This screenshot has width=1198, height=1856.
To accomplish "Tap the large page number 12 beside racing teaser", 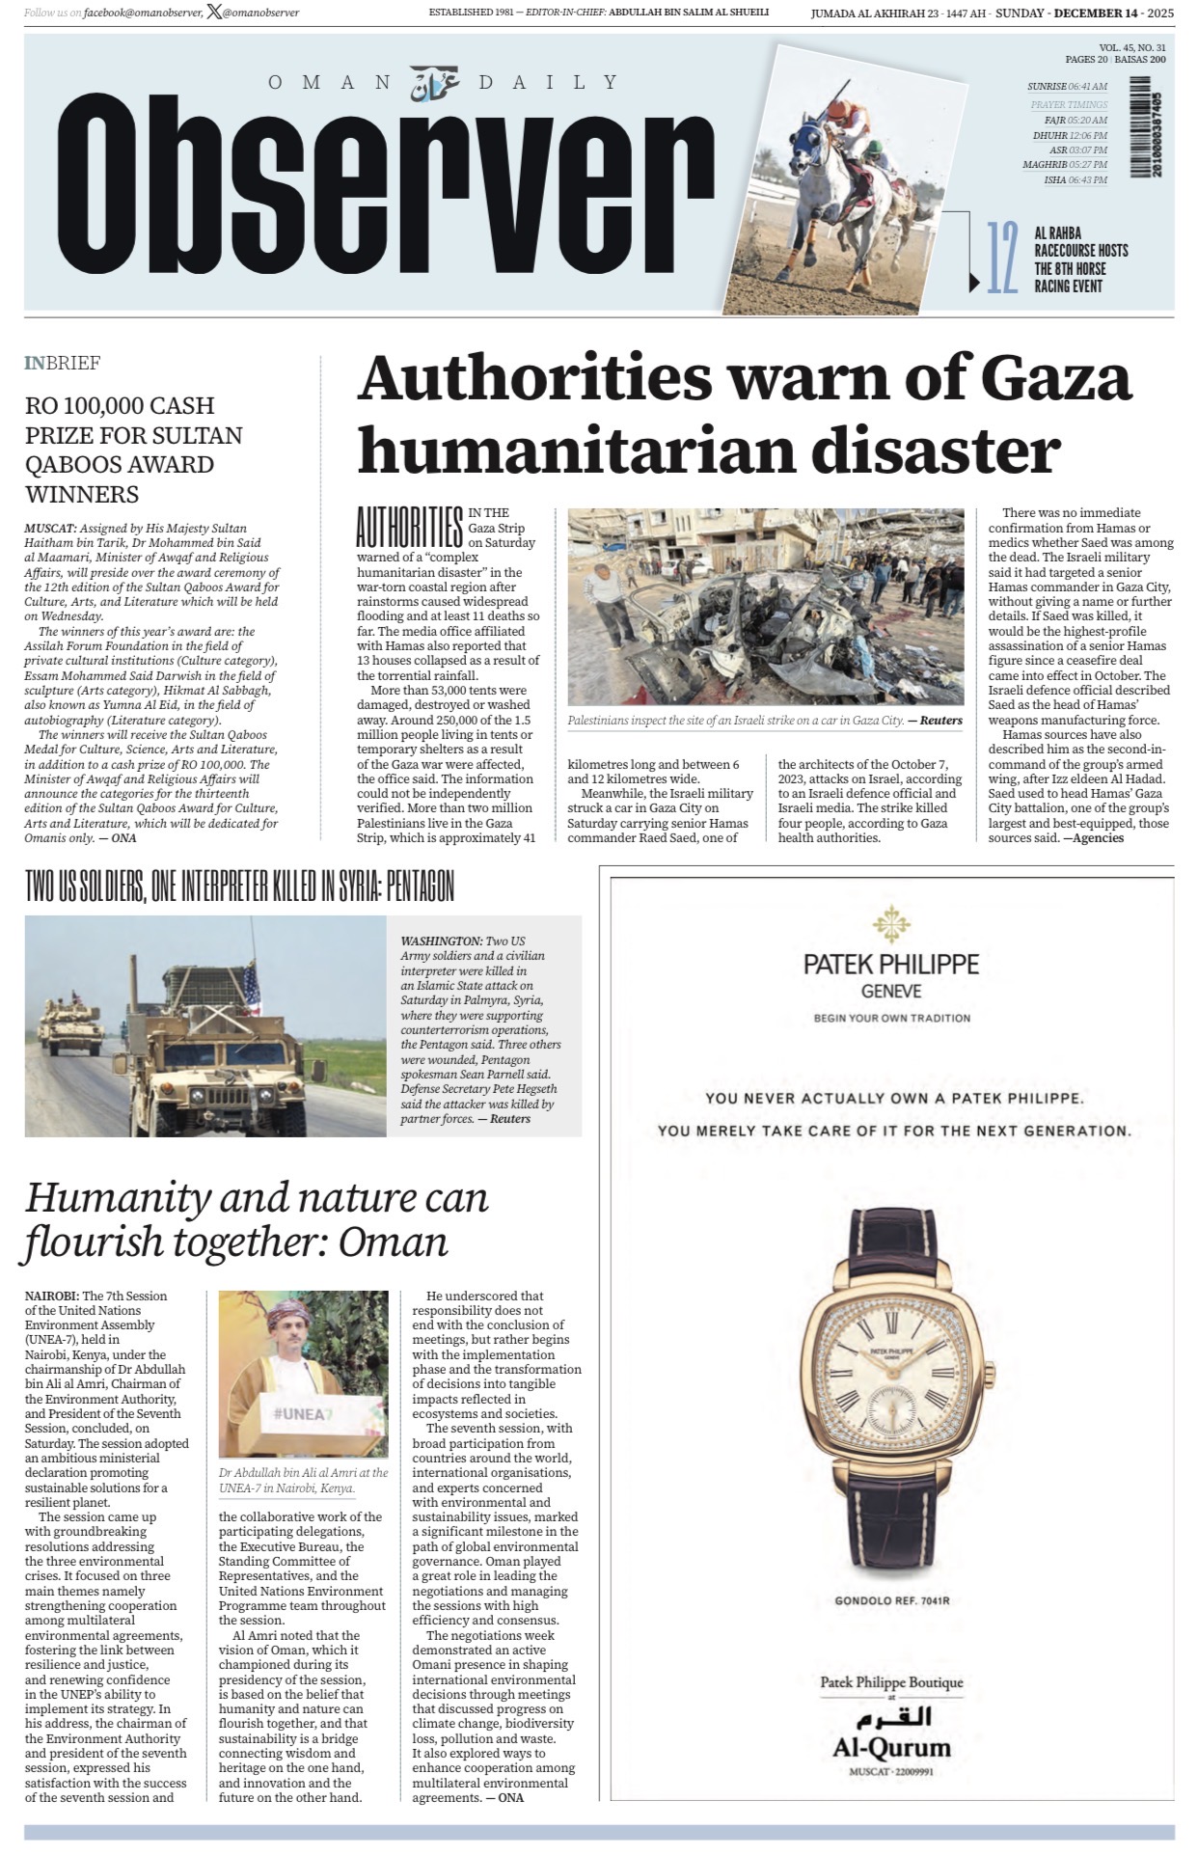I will pyautogui.click(x=1002, y=258).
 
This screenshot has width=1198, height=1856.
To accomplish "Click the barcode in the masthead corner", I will pyautogui.click(x=1154, y=131).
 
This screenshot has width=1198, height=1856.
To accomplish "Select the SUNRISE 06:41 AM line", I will pyautogui.click(x=1067, y=86).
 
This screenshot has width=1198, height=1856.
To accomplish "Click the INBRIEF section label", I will pyautogui.click(x=63, y=363).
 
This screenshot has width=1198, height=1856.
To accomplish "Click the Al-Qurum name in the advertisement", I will pyautogui.click(x=891, y=1747).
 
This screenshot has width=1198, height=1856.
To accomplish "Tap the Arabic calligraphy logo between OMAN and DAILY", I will pyautogui.click(x=435, y=84).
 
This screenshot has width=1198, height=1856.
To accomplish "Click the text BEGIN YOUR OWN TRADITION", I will pyautogui.click(x=891, y=1018).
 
